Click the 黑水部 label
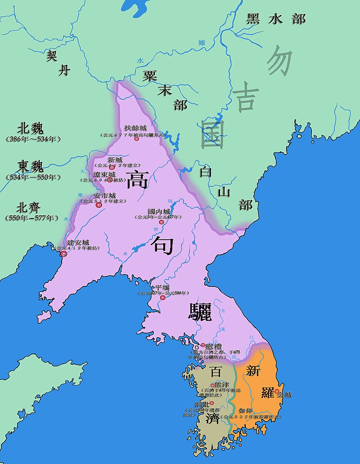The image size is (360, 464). pyautogui.click(x=276, y=19)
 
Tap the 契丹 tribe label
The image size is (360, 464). pyautogui.click(x=58, y=62)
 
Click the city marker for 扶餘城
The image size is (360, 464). pyautogui.click(x=136, y=139)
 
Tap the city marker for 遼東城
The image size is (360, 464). pyautogui.click(x=109, y=179)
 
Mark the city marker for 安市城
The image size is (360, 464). pyautogui.click(x=99, y=205)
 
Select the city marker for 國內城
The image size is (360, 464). pyautogui.click(x=161, y=222)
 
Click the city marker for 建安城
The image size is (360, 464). pyautogui.click(x=64, y=254)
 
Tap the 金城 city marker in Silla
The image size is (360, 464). pyautogui.click(x=276, y=392)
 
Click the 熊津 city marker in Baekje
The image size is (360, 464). pyautogui.click(x=213, y=385)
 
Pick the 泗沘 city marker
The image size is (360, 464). pyautogui.click(x=211, y=403)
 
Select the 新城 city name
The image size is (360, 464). pyautogui.click(x=115, y=160)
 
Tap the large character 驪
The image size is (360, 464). pyautogui.click(x=199, y=312)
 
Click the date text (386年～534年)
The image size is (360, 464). pyautogui.click(x=33, y=139)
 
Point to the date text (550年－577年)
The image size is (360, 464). pyautogui.click(x=32, y=218)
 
